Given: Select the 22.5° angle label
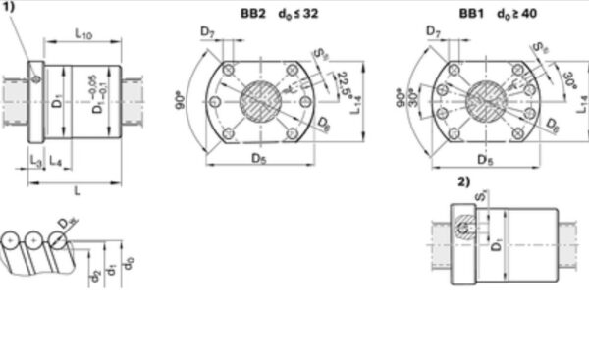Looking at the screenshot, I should (341, 83).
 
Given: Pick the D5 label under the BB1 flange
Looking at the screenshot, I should (484, 158).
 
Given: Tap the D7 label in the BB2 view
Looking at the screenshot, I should (207, 33).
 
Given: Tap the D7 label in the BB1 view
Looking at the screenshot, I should (434, 33).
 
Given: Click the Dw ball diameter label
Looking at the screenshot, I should (65, 225).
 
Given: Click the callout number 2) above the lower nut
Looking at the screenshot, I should (464, 182).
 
